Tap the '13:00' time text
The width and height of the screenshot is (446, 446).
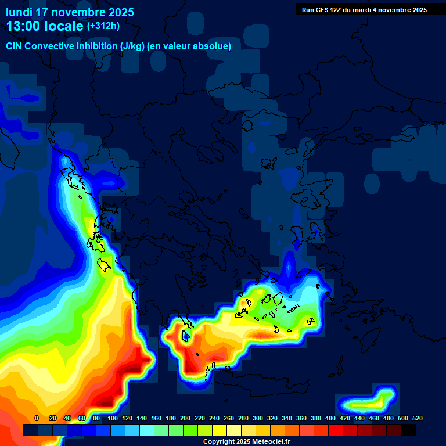click(x=23, y=26)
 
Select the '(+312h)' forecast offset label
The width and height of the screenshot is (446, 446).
click(x=103, y=26)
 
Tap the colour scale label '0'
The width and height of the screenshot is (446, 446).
click(x=37, y=418)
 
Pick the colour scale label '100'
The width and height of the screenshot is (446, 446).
click(x=112, y=418)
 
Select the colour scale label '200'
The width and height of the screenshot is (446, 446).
click(x=185, y=418)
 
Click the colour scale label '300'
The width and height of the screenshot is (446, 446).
click(x=258, y=418)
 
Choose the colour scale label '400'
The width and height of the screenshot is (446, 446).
click(x=330, y=418)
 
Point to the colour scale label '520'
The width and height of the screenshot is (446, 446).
click(x=417, y=418)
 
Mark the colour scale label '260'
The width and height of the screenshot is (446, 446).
click(x=229, y=418)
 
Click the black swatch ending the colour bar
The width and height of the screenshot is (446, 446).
click(x=408, y=430)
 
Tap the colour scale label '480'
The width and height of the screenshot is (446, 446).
click(x=389, y=418)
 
